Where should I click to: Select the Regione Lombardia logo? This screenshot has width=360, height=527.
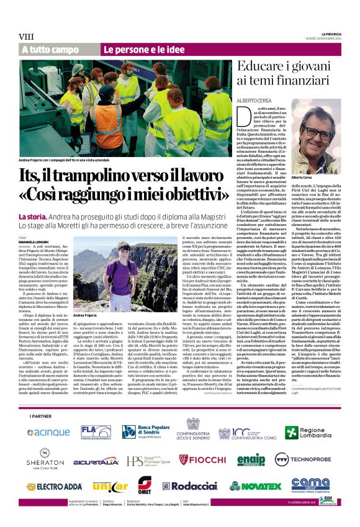point(312,432)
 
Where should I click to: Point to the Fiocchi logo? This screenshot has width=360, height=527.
point(202,459)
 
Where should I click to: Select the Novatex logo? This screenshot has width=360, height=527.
point(256,487)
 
